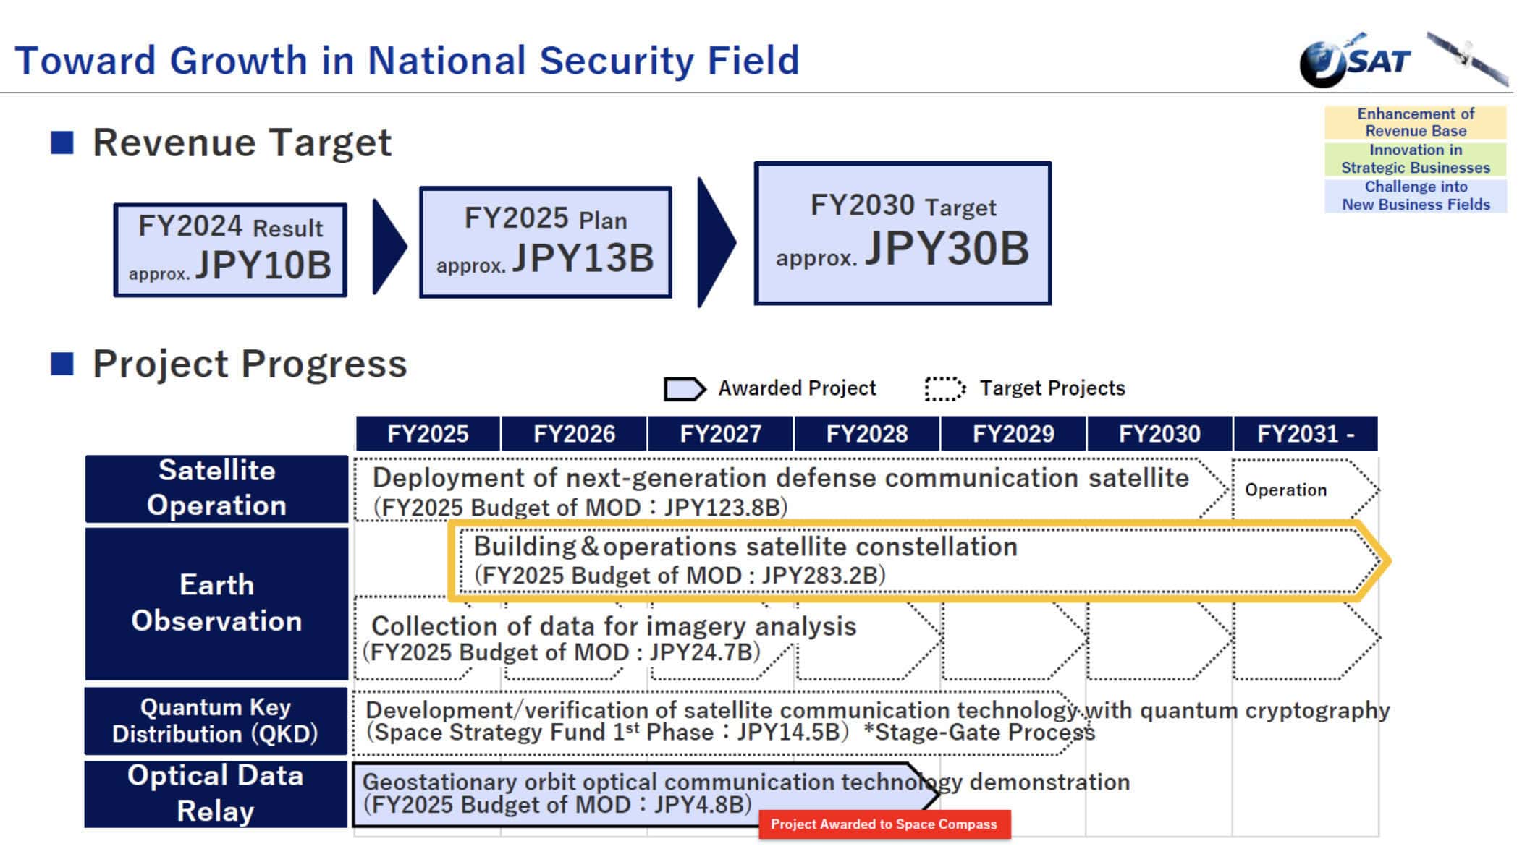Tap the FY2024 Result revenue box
pos(230,249)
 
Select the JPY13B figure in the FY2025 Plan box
pos(583,258)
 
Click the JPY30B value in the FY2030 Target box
pos(947,249)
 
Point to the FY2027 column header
pos(720,434)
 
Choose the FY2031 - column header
pos(1305,434)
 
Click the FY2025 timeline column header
pos(428,434)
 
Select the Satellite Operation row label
pos(216,488)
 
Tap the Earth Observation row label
pos(216,603)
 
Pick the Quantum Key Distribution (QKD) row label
pos(216,720)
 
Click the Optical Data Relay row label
pos(216,793)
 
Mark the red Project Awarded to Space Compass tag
pos(884,824)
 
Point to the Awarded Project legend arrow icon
pos(683,389)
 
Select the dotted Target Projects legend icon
pos(944,389)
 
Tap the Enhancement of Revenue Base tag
pos(1415,122)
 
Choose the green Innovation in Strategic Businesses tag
pos(1415,159)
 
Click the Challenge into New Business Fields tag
pos(1415,196)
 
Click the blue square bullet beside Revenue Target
pos(62,142)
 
